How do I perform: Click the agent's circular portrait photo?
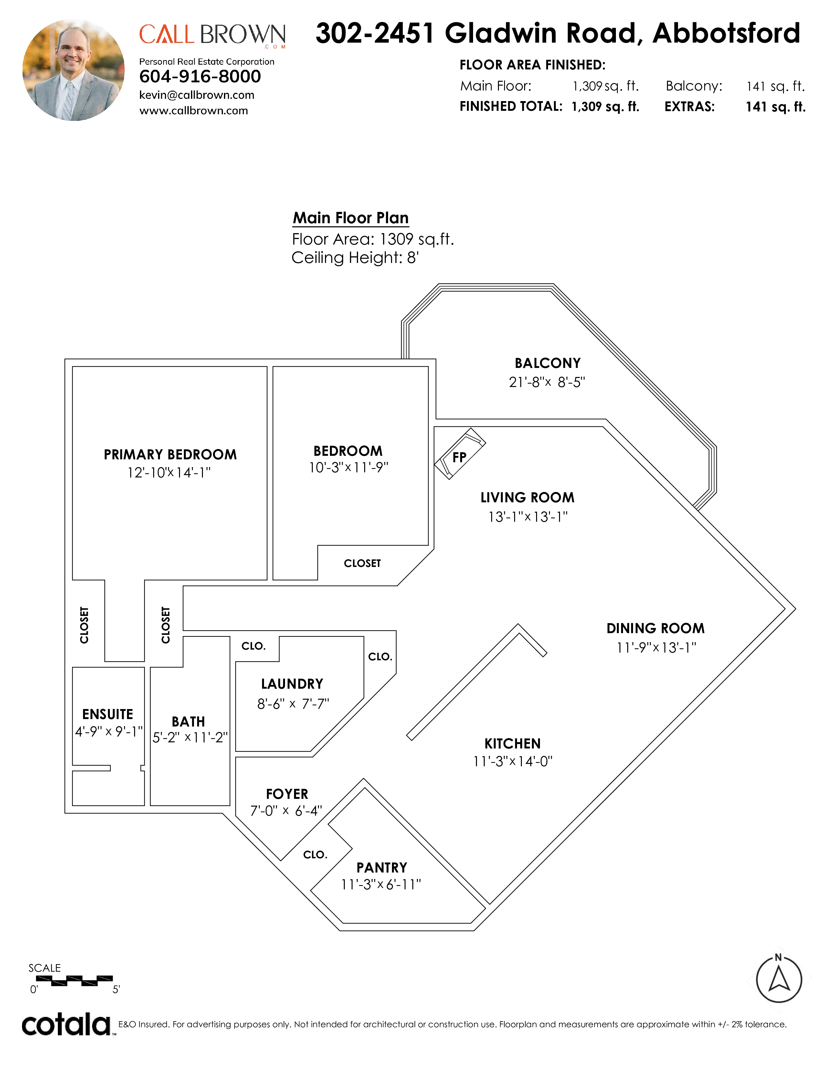(x=73, y=70)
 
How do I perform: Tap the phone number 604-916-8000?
(x=200, y=77)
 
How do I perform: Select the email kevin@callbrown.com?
(x=197, y=95)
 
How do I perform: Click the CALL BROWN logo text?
(x=212, y=35)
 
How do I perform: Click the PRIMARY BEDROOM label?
(x=170, y=455)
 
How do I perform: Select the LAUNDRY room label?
(x=292, y=684)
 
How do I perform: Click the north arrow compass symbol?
(x=779, y=978)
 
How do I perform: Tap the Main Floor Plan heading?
(x=351, y=218)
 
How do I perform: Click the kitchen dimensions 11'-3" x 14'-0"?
(x=512, y=761)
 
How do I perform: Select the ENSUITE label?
(x=108, y=714)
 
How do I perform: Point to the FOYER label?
(x=287, y=794)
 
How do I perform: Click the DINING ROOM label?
(x=656, y=628)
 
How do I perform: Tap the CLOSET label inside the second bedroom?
(x=362, y=563)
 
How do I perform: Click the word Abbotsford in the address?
(x=726, y=33)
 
